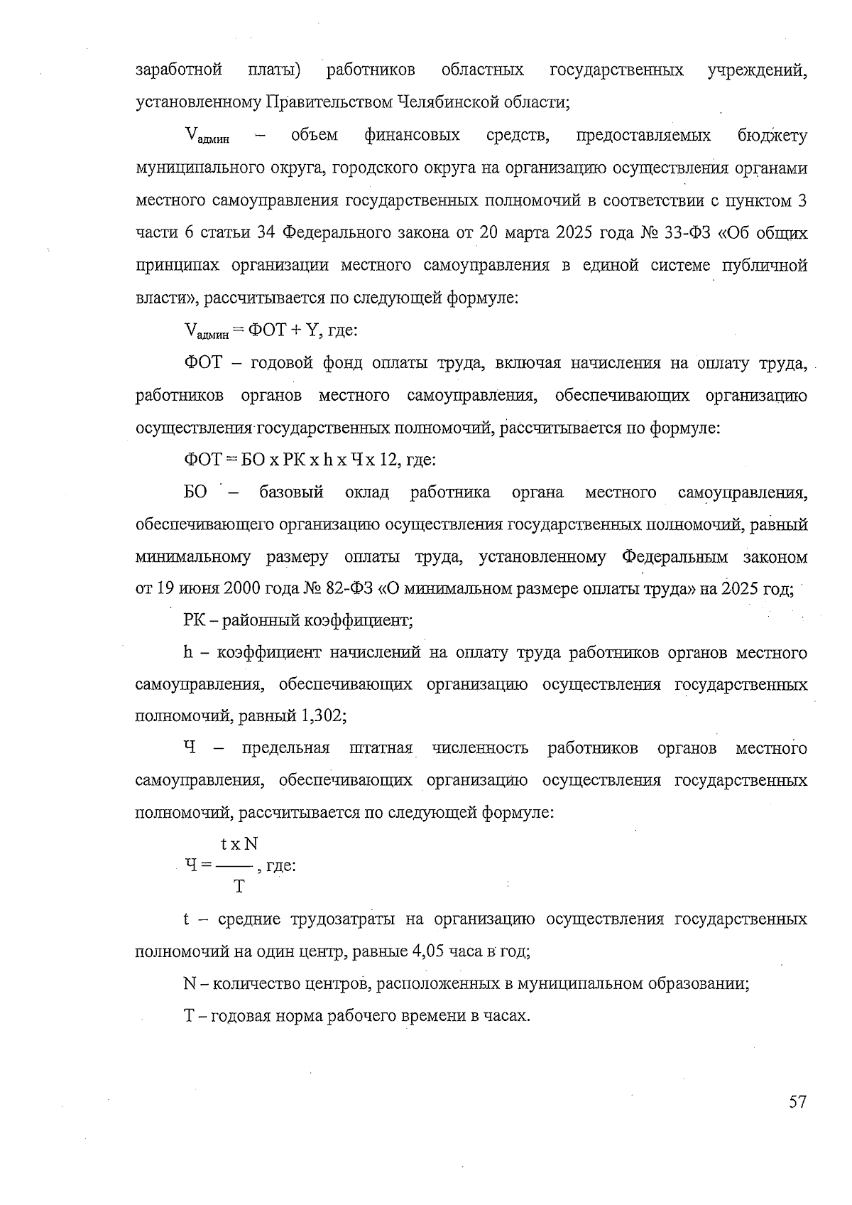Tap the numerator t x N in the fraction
[239, 844]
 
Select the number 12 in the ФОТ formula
[387, 460]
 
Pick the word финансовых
[412, 135]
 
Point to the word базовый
[291, 492]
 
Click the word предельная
[286, 748]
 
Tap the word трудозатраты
[343, 919]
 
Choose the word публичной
[765, 266]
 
